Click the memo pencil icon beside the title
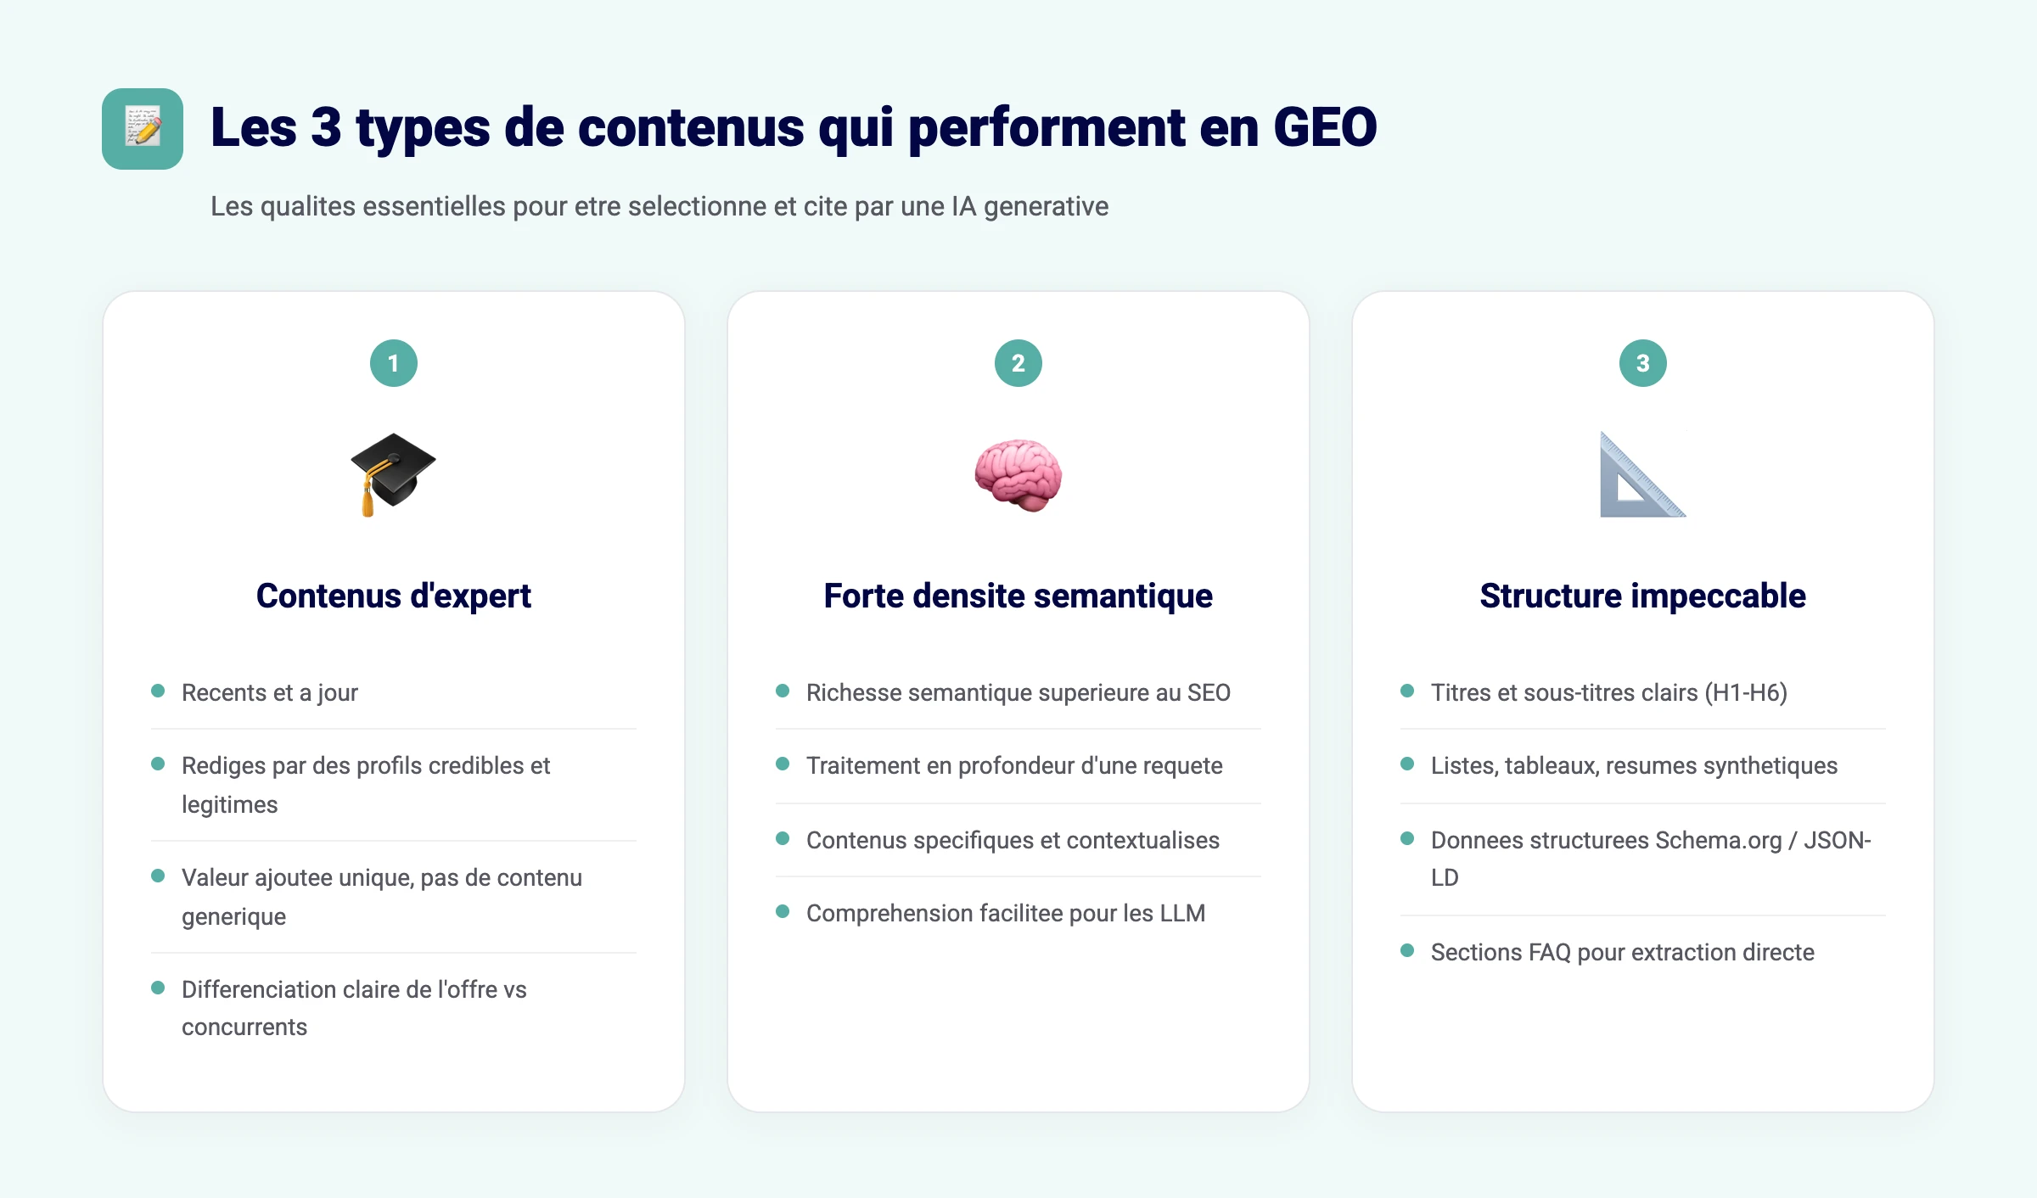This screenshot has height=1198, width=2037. [143, 129]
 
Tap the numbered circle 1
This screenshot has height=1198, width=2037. [394, 363]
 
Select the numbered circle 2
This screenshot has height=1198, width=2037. [1018, 363]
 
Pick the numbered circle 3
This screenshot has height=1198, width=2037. [1642, 363]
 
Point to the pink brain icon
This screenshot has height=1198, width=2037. [1018, 474]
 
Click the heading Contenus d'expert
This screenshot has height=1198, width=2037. [394, 596]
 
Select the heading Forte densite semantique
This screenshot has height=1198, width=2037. [1018, 596]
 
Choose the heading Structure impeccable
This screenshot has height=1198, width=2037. [1642, 596]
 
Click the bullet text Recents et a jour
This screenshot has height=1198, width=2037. [270, 692]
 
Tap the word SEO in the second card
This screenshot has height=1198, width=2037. [1209, 692]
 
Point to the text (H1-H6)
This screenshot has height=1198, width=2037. [1748, 692]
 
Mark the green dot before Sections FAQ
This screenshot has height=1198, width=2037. [1407, 950]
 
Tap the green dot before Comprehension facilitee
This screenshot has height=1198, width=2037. [783, 911]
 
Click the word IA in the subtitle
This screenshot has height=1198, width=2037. [963, 206]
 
